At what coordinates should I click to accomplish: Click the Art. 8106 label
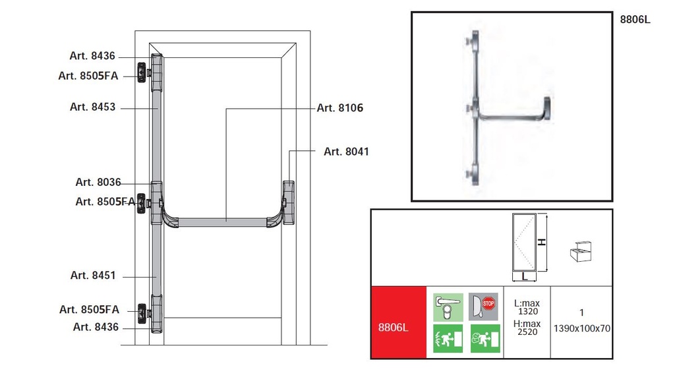click(340, 107)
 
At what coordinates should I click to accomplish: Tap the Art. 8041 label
click(347, 152)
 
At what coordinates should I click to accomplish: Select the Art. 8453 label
click(92, 107)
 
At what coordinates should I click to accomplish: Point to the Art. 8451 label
click(93, 275)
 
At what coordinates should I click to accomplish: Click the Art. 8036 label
click(98, 182)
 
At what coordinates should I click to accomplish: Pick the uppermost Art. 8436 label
click(92, 55)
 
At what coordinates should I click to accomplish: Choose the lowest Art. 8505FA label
click(89, 309)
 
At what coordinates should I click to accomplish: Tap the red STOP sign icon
click(488, 303)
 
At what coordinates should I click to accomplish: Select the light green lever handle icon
click(448, 307)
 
